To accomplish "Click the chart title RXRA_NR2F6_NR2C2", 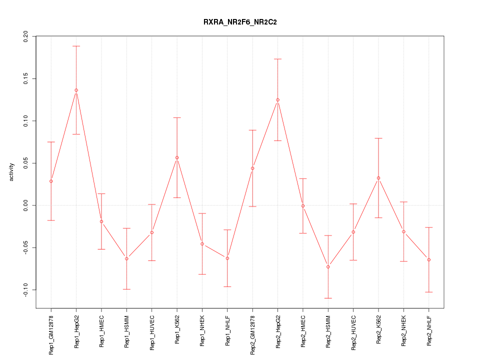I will (x=239, y=22).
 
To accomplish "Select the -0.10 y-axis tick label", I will (x=25, y=290).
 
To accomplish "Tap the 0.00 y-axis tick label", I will (x=25, y=205).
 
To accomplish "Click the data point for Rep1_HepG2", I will (x=76, y=90).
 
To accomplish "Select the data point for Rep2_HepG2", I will (x=277, y=100).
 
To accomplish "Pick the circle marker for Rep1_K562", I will (x=177, y=158).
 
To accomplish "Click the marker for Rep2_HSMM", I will (x=328, y=267).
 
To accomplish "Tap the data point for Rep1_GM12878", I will (x=51, y=181).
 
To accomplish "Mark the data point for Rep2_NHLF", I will (x=428, y=260).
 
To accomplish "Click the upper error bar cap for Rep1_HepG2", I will (x=76, y=46).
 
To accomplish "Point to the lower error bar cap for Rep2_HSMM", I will (x=328, y=298).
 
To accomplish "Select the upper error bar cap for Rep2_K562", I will (x=378, y=138).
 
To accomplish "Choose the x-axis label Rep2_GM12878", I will (x=252, y=331).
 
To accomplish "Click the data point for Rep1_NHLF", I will (x=227, y=258).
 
